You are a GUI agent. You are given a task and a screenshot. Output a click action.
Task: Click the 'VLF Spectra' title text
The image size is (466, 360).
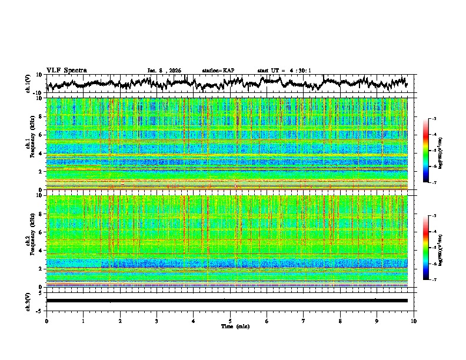pos(66,71)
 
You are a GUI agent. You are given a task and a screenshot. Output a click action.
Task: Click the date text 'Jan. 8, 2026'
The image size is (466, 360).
pos(164,71)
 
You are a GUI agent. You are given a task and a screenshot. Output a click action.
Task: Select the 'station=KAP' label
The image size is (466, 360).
pos(218,71)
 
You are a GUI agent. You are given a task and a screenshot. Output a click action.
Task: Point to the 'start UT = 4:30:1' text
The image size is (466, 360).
pos(284,71)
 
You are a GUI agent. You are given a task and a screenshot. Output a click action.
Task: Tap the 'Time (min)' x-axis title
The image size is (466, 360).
pos(230,326)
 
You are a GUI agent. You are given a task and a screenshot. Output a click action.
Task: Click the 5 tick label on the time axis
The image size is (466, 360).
pos(230,321)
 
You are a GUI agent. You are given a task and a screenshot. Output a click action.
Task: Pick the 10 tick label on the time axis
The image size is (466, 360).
pos(414,321)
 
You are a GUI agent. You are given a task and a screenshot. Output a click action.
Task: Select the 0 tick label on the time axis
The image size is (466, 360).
pos(46,321)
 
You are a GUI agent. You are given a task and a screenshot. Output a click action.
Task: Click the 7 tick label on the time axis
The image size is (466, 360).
pos(304,321)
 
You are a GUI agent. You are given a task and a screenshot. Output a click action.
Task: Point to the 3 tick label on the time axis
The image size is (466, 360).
pos(157,321)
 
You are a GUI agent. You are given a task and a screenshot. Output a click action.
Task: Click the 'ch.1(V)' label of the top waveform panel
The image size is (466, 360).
pos(28,84)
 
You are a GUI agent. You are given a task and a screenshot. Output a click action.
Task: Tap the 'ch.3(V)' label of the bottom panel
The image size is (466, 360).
pos(28,301)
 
